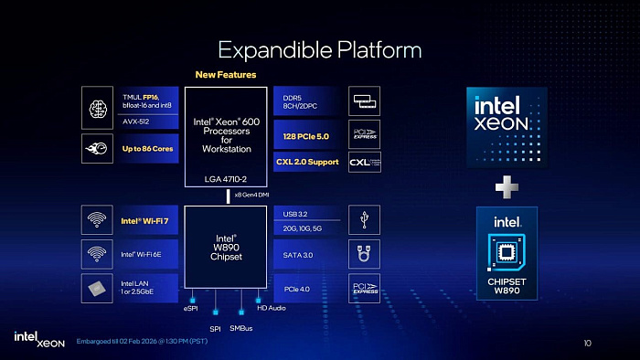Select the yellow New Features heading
pos(226,75)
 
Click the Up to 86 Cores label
pos(146,148)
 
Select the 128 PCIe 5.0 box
pos(306,136)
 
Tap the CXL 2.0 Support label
pos(307,162)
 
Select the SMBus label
pos(240,328)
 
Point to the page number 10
pos(587,343)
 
